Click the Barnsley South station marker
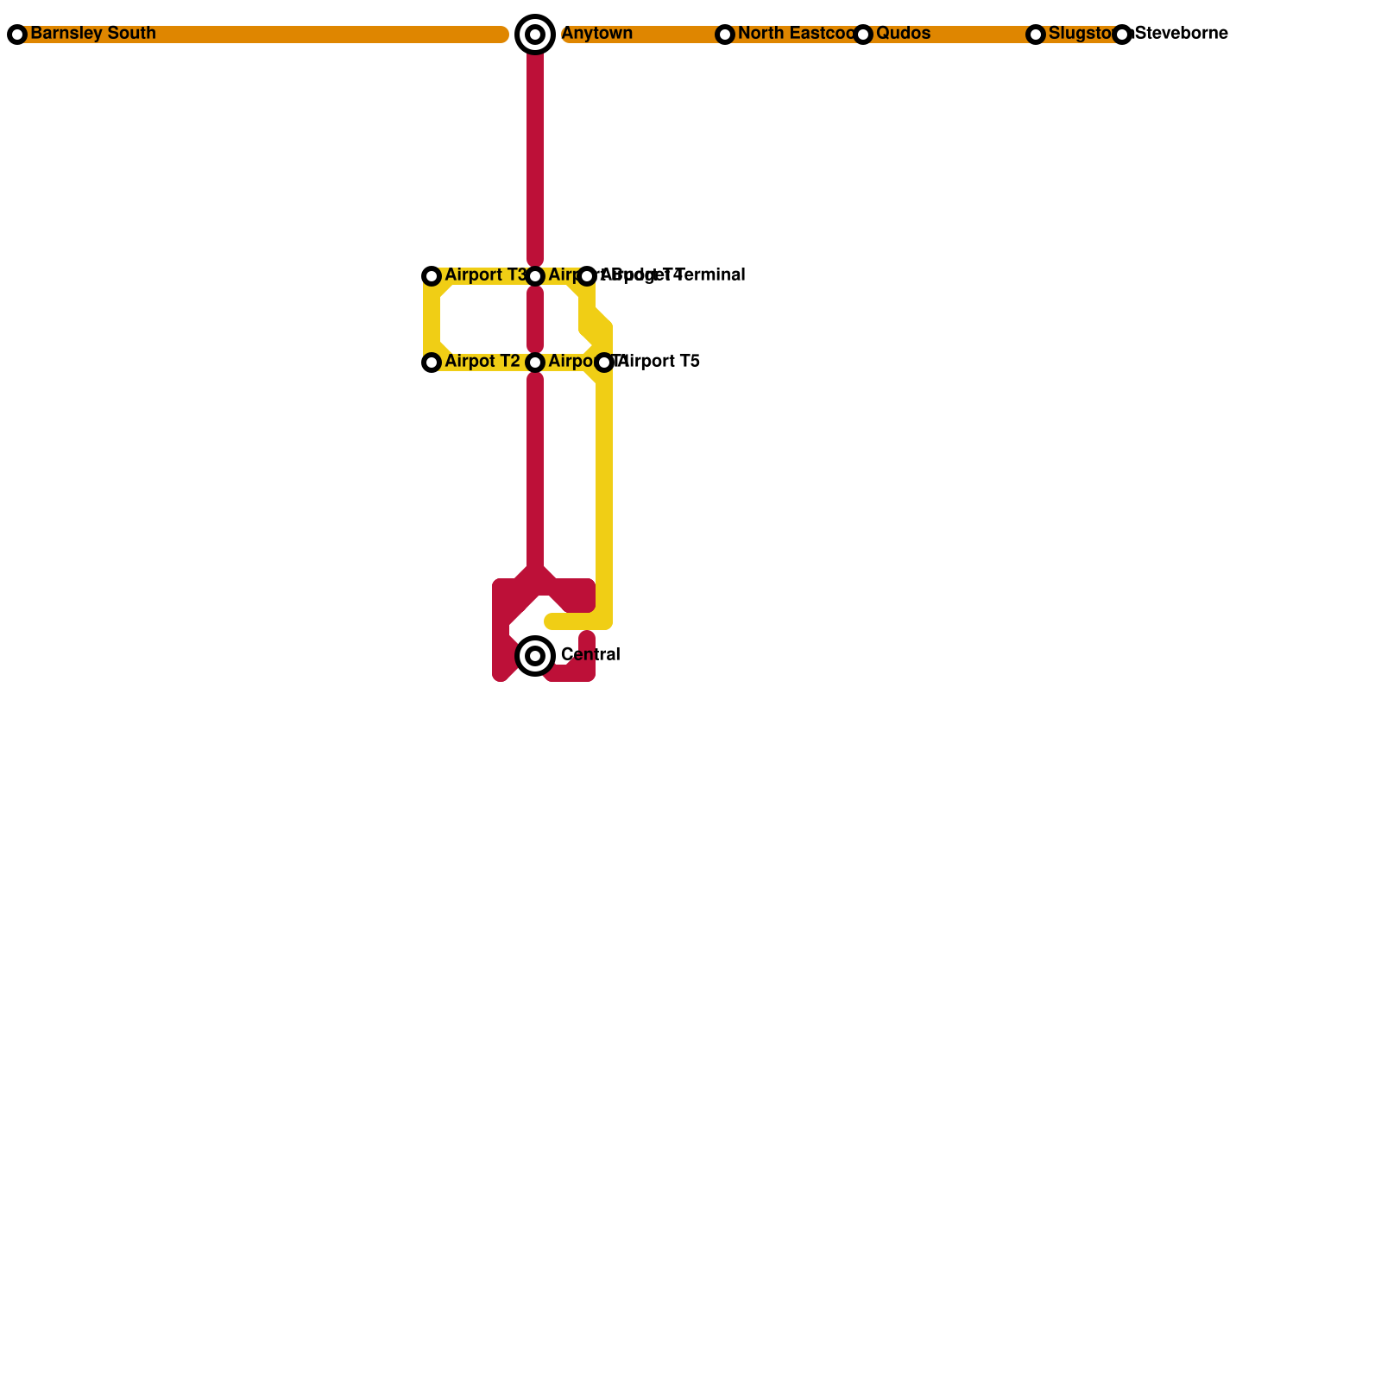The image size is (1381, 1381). pos(17,35)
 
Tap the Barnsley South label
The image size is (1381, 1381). pos(93,34)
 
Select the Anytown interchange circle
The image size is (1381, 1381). pos(535,35)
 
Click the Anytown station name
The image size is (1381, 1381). pos(597,34)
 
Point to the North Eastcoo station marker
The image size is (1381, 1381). pos(725,35)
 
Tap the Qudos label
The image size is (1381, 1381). pos(903,34)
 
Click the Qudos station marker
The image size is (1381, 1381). pos(863,35)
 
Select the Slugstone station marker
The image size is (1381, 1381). pos(1036,35)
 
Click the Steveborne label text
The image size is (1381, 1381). pos(1182,34)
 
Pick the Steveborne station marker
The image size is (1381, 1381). pos(1122,35)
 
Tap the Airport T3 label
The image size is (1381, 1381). pos(485,275)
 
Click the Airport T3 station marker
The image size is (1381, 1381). pos(432,276)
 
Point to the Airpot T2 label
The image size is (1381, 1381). pos(482,362)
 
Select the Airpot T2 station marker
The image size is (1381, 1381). pos(432,363)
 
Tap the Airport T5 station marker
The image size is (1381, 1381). pos(604,363)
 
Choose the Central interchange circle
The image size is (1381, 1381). pos(535,656)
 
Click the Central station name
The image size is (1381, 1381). pos(590,655)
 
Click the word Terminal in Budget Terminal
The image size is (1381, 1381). pos(712,275)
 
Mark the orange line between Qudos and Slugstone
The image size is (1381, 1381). pos(949,35)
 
